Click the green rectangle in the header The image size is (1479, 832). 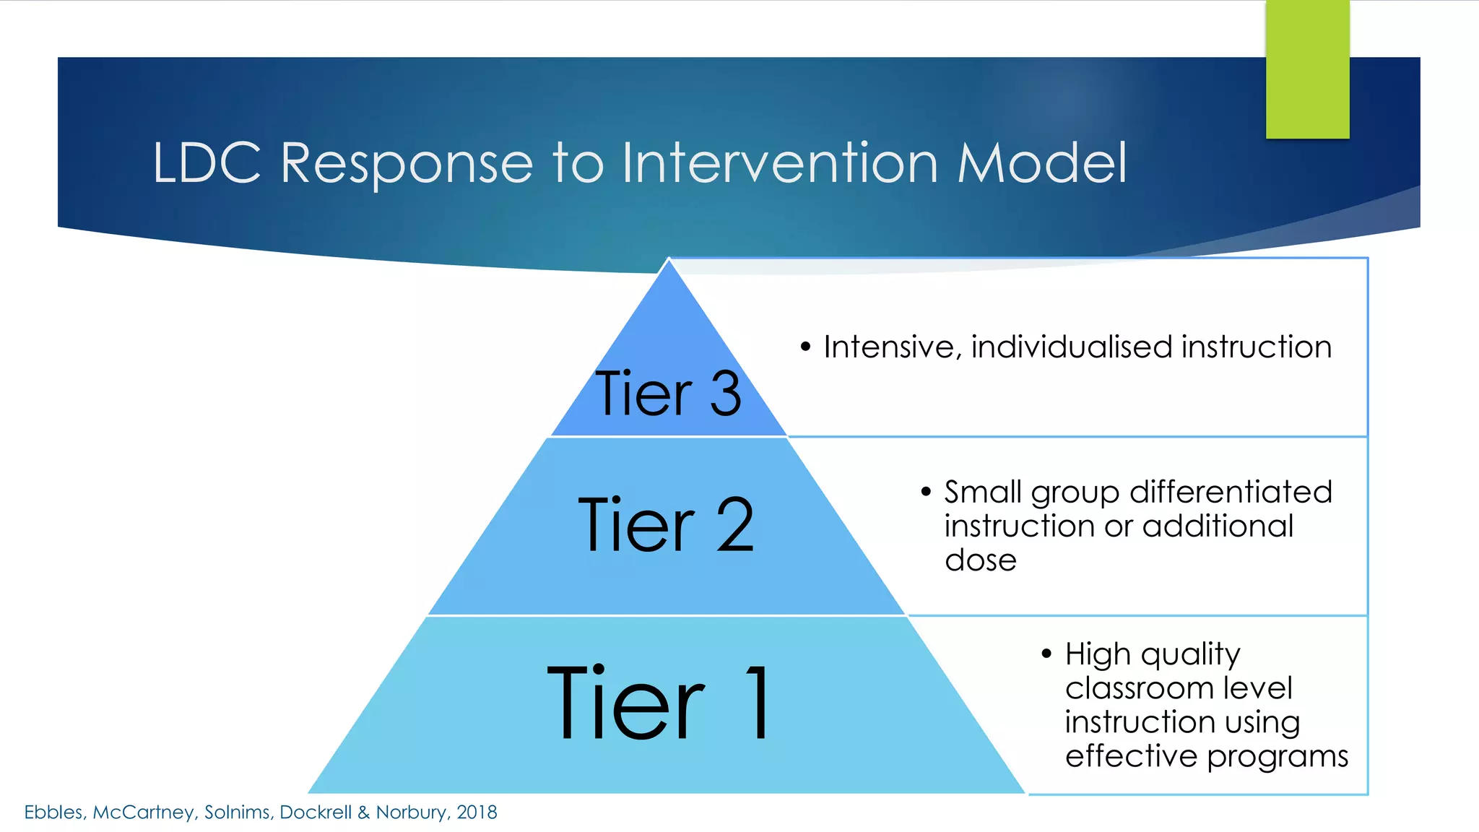[1307, 69]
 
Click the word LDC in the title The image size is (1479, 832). [207, 163]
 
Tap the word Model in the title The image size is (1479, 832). [1041, 163]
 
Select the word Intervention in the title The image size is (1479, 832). [780, 163]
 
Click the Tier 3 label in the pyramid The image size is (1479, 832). [668, 394]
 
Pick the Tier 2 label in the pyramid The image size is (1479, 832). [666, 525]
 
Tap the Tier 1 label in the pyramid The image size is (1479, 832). [659, 703]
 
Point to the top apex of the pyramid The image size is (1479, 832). [669, 261]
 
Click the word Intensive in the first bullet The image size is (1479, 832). [893, 347]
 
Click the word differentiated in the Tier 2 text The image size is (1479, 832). [1231, 492]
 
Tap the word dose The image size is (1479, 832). [980, 560]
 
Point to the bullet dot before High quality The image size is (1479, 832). [1046, 654]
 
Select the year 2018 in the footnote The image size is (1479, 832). [477, 812]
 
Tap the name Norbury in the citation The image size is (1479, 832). [411, 812]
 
